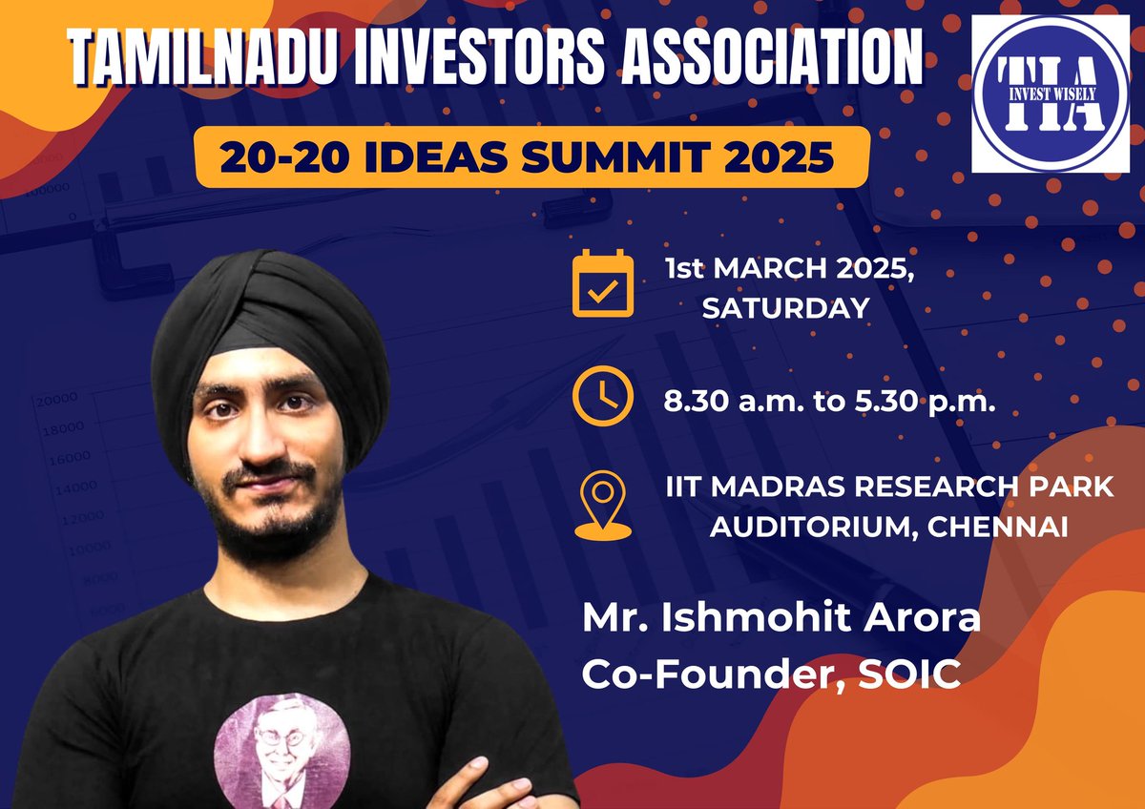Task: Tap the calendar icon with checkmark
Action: (x=602, y=282)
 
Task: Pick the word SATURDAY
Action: (x=785, y=308)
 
